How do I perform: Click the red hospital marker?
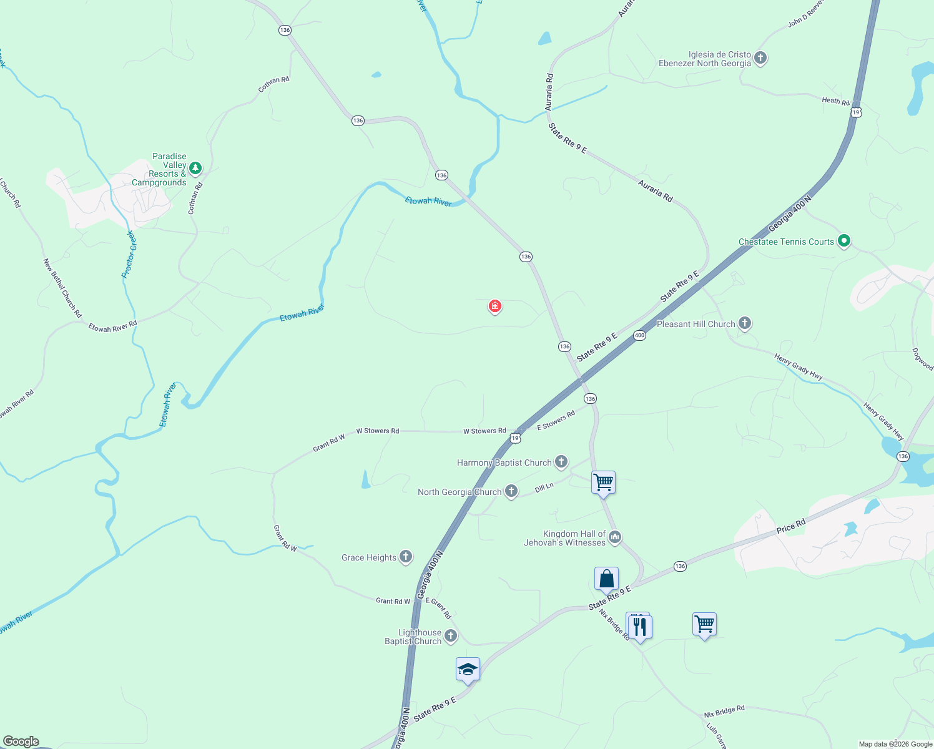tap(495, 306)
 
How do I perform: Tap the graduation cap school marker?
tap(468, 670)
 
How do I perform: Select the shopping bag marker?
tap(606, 579)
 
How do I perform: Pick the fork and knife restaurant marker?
tap(639, 625)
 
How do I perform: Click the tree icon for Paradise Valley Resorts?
tap(195, 168)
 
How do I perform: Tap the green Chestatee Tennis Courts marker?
tap(844, 240)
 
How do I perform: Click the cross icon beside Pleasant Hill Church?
tap(745, 323)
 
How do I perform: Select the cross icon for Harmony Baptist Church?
tap(561, 462)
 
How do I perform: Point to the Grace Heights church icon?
tap(406, 557)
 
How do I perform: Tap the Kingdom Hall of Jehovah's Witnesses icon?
tap(615, 537)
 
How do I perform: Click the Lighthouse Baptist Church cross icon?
tap(451, 636)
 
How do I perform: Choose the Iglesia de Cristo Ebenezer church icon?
tap(760, 58)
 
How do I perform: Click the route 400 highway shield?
tap(639, 335)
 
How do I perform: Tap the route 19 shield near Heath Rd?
tap(856, 112)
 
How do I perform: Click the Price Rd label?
tap(791, 526)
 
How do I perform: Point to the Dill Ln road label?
tap(544, 487)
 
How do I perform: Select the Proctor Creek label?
tap(128, 254)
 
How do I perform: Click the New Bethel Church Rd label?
tap(62, 288)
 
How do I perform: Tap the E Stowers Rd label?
tap(556, 421)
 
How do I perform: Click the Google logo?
tap(21, 742)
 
